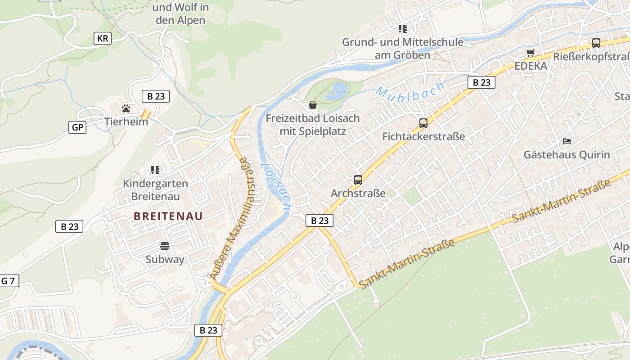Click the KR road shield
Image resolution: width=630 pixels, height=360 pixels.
[x=103, y=38]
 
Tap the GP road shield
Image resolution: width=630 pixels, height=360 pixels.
[x=77, y=127]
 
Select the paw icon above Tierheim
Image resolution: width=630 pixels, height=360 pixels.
[x=126, y=108]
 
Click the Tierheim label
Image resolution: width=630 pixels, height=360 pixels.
[x=126, y=121]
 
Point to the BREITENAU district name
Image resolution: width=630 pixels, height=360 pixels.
[x=168, y=216]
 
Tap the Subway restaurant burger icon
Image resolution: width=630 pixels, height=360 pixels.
[x=165, y=246]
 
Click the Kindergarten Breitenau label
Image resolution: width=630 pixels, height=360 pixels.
[x=156, y=190]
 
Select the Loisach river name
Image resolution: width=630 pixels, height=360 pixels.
[x=275, y=186]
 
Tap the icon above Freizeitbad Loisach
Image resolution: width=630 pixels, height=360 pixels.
[x=313, y=105]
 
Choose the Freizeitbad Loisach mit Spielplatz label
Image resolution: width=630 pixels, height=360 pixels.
[x=313, y=125]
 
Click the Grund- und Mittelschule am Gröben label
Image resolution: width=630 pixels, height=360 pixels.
[x=403, y=48]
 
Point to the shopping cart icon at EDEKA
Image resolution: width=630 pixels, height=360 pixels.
[x=531, y=53]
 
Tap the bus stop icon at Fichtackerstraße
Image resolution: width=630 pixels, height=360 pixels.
[x=423, y=123]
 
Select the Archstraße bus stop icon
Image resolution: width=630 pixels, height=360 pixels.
[x=358, y=180]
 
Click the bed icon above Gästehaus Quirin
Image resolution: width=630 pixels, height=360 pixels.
[x=567, y=141]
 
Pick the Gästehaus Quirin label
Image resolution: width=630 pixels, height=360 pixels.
[x=567, y=155]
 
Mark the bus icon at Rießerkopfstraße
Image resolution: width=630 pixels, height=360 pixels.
[x=596, y=43]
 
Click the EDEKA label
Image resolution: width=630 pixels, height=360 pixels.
[x=531, y=66]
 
